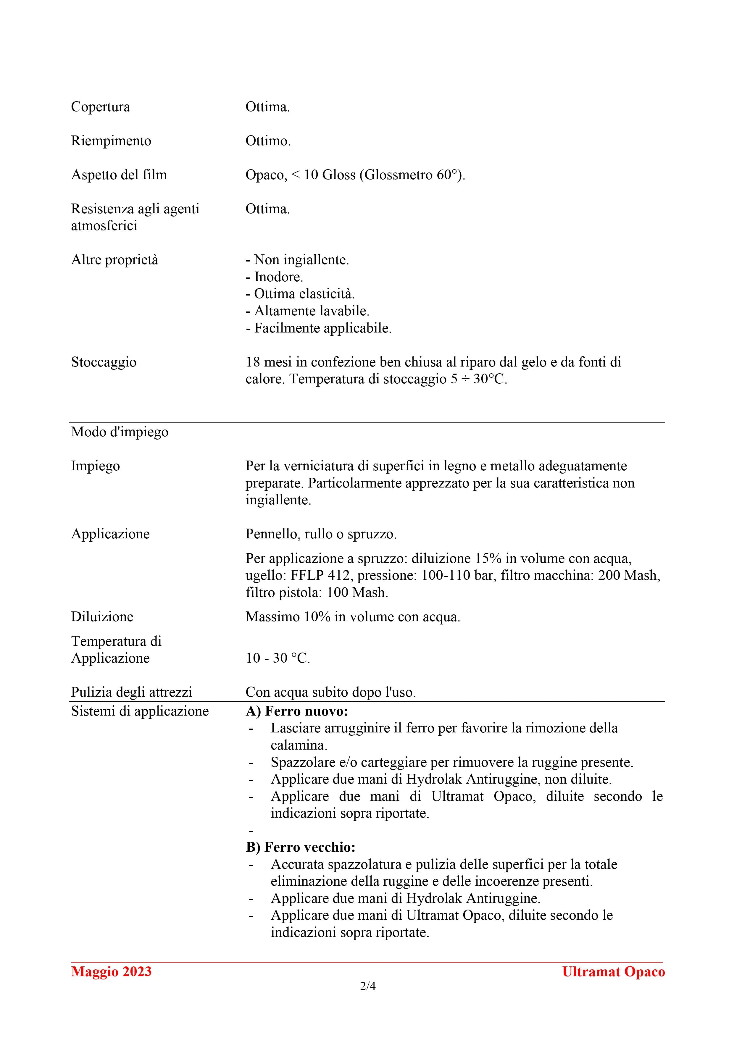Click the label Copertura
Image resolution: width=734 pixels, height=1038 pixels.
coord(100,107)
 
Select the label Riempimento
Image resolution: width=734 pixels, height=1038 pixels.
coord(111,141)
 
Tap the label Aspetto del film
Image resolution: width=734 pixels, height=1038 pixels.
coord(119,175)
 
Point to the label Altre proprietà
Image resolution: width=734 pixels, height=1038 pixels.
coord(115,260)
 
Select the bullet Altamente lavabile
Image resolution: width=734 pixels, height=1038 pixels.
coord(308,311)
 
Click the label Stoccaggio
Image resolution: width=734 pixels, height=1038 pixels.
coord(104,362)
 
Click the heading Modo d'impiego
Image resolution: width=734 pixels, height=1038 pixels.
coord(120,432)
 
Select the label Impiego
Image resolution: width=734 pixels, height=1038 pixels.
coord(96,466)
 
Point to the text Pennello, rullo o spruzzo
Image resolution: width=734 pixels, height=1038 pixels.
coord(321,534)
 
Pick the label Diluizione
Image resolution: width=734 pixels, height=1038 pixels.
coord(102,617)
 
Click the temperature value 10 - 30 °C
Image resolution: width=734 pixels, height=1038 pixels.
coord(278,658)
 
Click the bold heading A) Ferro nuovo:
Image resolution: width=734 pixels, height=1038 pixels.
coord(297,712)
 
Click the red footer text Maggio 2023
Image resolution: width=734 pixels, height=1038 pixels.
coord(111,972)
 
